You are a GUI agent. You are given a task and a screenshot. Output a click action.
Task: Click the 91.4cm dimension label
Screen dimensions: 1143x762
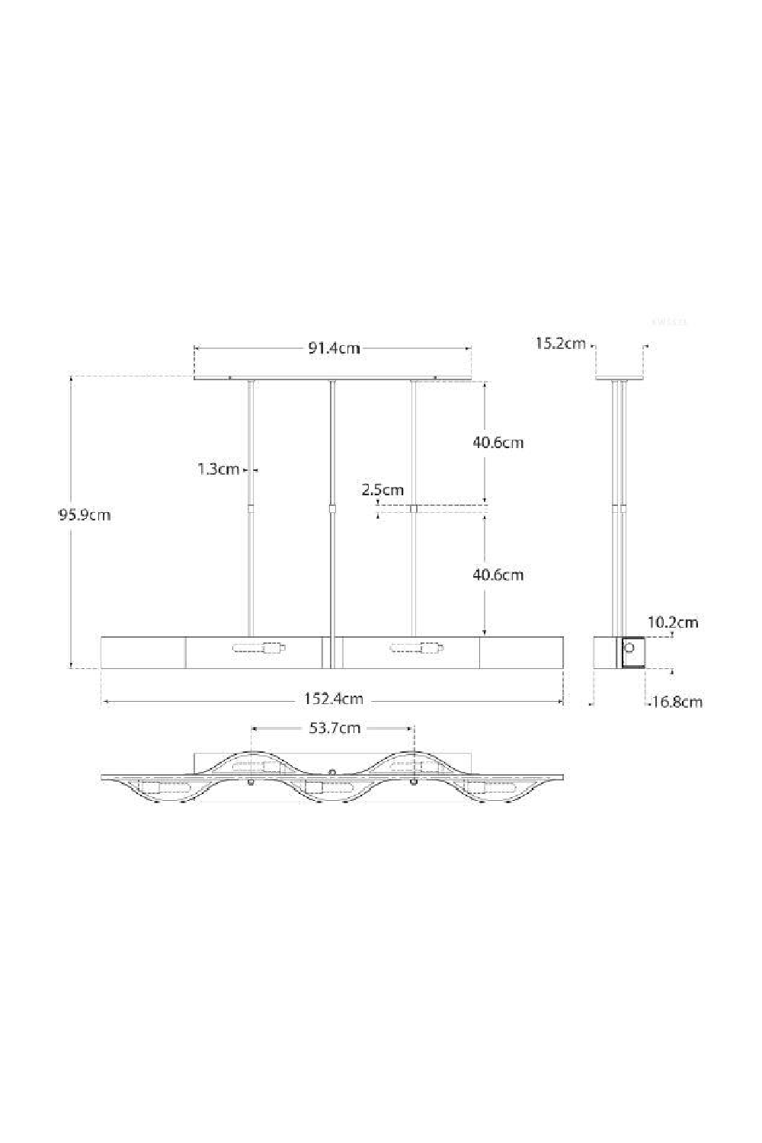click(x=334, y=348)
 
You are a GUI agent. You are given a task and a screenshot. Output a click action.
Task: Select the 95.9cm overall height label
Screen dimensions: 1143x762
click(x=85, y=514)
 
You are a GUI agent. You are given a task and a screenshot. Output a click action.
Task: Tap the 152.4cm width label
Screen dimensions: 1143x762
click(x=334, y=699)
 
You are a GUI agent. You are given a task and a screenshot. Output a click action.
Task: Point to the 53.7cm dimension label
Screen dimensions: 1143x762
click(x=335, y=728)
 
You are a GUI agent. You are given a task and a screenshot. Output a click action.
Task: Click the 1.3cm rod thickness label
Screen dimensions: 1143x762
click(x=219, y=469)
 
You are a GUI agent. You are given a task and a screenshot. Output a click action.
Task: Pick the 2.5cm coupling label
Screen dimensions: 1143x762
click(x=383, y=489)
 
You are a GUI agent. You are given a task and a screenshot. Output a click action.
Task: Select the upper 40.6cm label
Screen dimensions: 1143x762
click(x=498, y=442)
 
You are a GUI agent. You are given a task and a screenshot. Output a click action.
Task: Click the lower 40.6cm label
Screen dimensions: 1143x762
click(x=498, y=575)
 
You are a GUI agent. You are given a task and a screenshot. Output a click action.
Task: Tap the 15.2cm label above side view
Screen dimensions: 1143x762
click(x=561, y=343)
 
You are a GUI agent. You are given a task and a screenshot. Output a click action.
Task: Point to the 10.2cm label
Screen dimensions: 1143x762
click(x=673, y=622)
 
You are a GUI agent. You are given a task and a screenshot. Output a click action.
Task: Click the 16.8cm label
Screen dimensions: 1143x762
click(x=677, y=702)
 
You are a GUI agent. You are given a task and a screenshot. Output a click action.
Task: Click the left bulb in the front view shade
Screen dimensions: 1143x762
click(x=259, y=649)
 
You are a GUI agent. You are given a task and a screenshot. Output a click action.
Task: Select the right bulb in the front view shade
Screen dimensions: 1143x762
click(x=417, y=649)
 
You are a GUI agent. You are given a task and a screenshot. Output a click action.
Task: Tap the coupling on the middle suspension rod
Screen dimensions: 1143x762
click(x=331, y=508)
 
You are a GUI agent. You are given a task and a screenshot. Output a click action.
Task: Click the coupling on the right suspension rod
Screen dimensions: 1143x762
click(x=413, y=508)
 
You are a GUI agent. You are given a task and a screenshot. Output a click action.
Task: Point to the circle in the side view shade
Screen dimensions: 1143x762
click(x=630, y=648)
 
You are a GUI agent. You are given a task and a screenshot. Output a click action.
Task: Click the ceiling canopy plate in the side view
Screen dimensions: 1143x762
click(x=620, y=378)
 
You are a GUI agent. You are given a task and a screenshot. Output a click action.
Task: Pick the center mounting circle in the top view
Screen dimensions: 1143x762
click(x=331, y=772)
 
